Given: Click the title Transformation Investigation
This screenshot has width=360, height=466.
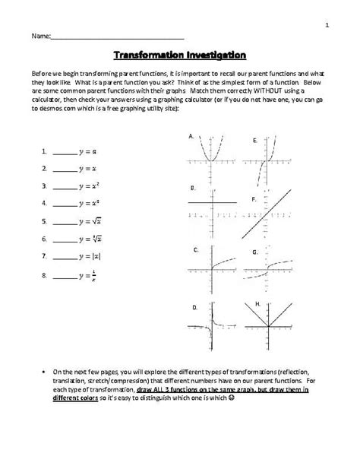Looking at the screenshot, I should pos(179,55).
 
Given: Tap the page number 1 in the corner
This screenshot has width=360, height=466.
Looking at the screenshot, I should pos(326,25).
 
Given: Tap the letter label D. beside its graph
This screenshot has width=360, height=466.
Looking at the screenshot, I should pos(194,307).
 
